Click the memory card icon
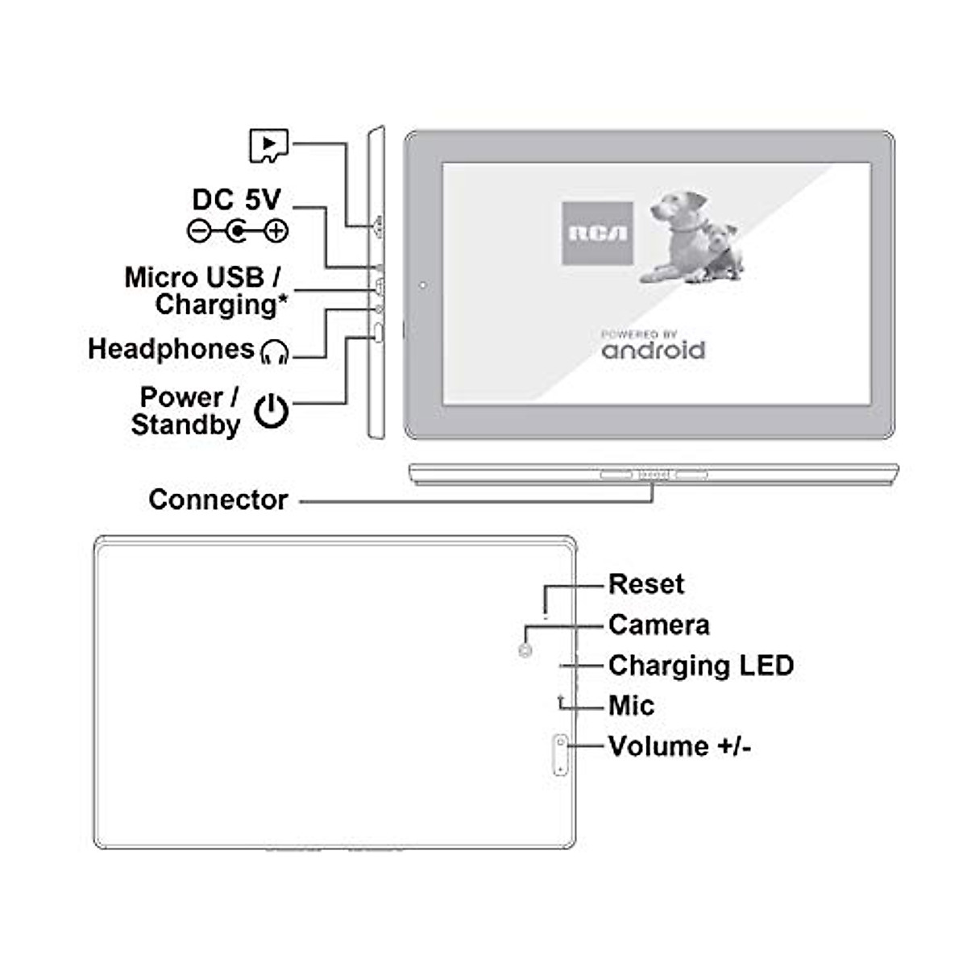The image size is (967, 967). pos(268,146)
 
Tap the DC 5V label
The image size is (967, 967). pos(236,200)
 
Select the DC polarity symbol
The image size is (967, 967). pos(238,232)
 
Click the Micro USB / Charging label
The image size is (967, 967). pos(205,291)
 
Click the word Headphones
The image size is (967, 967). pos(171,349)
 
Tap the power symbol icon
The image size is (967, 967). pos(272,411)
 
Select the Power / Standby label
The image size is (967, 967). pos(187,411)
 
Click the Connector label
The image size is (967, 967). pos(218,500)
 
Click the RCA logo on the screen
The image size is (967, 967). pos(597,234)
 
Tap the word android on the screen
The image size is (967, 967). pos(654,351)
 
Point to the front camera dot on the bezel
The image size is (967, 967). pos(423,285)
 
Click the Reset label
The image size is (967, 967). pos(645,584)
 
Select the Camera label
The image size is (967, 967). pos(658,625)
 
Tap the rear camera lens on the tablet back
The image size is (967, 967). pos(525,650)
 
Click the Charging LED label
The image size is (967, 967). pos(700,666)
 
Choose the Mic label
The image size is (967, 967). pos(631,706)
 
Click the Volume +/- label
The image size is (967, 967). pos(679,747)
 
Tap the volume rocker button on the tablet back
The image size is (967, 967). pos(560,755)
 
